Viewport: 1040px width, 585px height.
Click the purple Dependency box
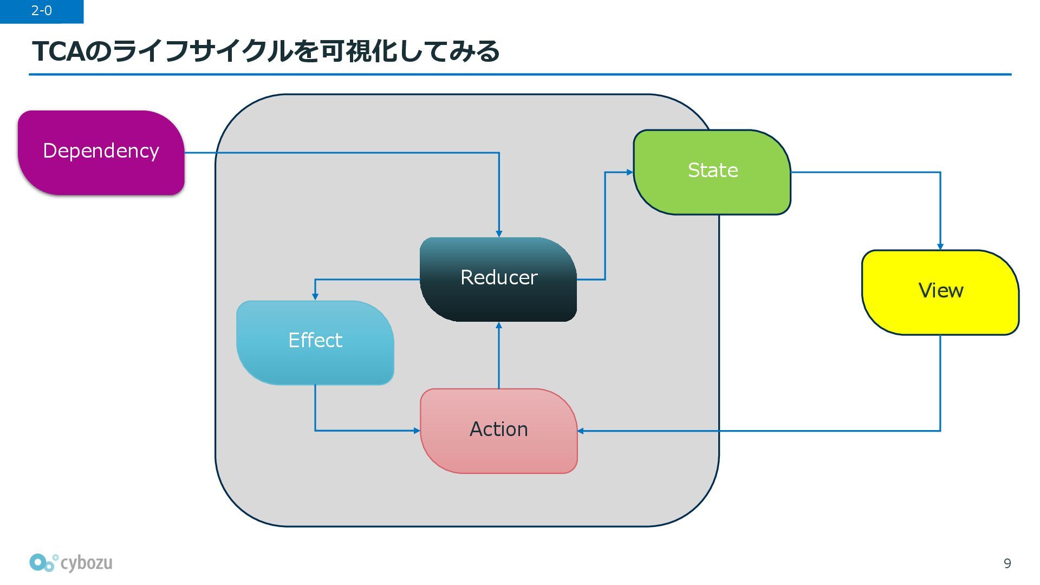[x=101, y=153]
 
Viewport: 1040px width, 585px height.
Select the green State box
[x=712, y=172]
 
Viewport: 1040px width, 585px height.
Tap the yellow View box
[x=940, y=292]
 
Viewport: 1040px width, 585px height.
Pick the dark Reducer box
[x=498, y=279]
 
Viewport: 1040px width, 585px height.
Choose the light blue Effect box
[x=315, y=343]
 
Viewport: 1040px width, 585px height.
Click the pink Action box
[x=499, y=431]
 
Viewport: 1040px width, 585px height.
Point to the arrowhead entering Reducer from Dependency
[x=499, y=234]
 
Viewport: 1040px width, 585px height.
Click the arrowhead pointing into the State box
[x=630, y=172]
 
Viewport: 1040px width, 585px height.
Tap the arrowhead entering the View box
[x=940, y=247]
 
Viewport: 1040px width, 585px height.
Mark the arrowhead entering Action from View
[x=581, y=431]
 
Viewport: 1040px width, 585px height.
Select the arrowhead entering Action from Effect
[x=417, y=431]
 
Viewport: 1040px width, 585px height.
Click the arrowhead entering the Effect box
[x=315, y=297]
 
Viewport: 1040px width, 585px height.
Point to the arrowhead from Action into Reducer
[x=499, y=325]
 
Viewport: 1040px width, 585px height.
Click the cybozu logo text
[x=86, y=563]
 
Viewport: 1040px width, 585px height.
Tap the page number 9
[x=1007, y=564]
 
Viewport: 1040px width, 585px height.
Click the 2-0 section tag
[x=42, y=11]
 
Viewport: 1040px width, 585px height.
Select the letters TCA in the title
[x=58, y=51]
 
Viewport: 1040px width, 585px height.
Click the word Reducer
[x=499, y=277]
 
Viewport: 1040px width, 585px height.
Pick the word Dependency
[x=101, y=151]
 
